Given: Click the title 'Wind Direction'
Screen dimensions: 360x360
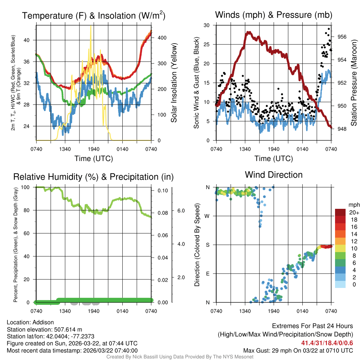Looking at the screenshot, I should coord(274,175).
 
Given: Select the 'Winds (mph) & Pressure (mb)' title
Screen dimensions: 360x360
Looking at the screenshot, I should coord(274,15).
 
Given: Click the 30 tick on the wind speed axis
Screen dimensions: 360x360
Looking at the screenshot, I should coord(207,25).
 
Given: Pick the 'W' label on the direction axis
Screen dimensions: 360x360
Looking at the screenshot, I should coord(207,216).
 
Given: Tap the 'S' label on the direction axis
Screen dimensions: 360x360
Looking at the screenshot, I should coord(207,245).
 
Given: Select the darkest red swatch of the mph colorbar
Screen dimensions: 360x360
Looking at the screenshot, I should coord(340,212).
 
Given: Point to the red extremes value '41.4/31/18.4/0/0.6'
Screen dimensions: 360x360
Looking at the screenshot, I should coord(327,343).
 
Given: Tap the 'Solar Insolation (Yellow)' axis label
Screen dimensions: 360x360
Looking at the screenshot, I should coord(174,83).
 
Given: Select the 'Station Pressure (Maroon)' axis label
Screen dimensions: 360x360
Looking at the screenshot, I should coord(354,83).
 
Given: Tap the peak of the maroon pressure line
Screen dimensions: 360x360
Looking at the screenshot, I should coord(248,32).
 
